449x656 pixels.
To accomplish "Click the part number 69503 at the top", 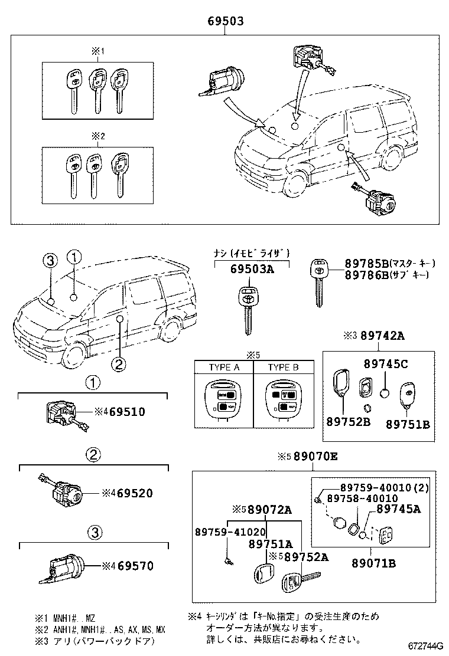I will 225,21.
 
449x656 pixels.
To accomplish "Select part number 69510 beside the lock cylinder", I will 126,411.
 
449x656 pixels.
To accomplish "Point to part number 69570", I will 135,566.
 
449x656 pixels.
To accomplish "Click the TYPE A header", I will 224,367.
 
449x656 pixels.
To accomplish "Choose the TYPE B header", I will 283,367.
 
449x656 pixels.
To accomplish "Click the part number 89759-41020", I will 230,532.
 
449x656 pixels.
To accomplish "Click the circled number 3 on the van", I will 51,261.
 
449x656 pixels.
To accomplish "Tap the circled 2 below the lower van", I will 119,365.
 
